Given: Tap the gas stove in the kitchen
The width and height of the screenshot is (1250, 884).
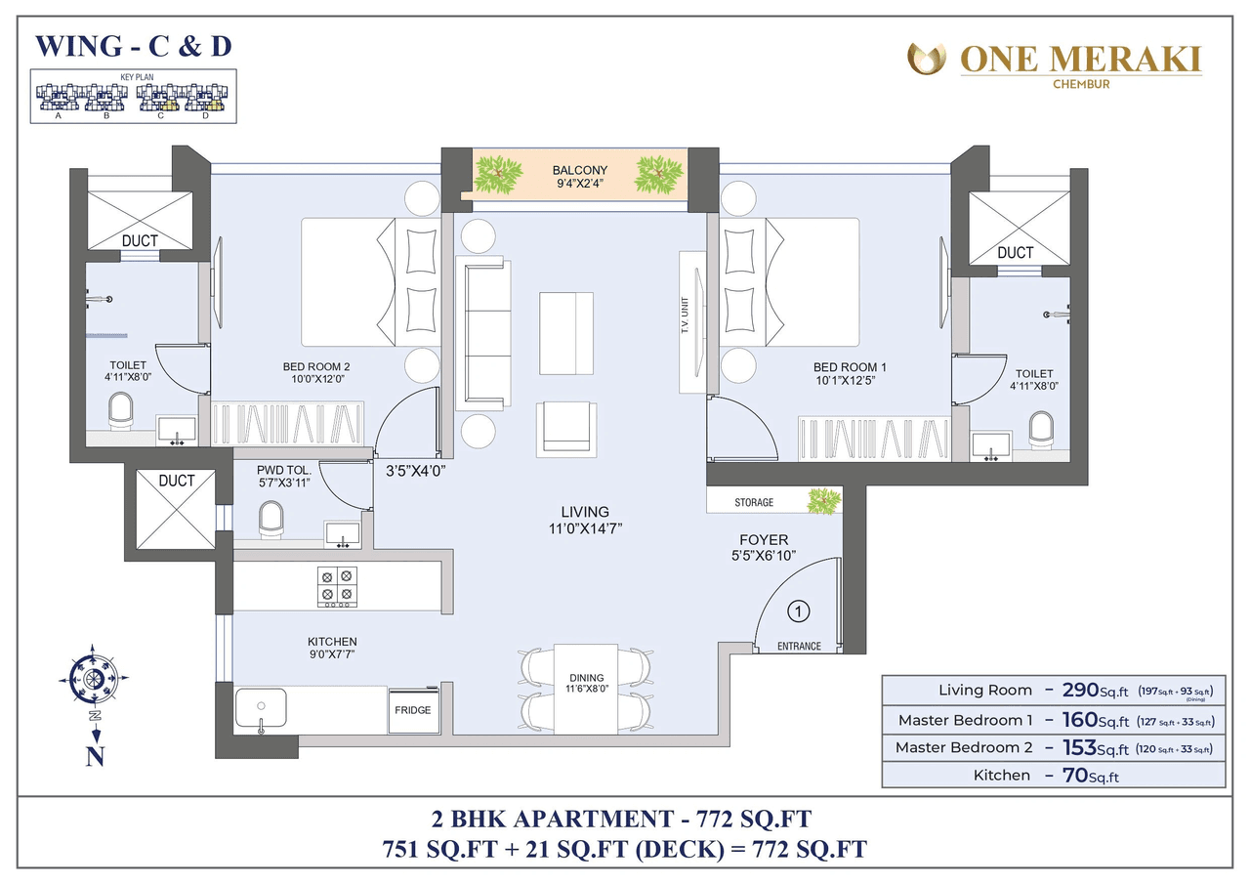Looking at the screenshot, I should point(337,585).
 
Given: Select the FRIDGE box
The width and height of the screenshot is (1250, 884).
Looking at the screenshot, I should point(412,710).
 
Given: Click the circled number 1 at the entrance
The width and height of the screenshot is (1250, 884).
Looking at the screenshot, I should point(799,612).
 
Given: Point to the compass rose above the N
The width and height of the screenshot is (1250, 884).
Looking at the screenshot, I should point(95,677).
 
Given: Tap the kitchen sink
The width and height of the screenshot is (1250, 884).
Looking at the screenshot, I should point(261,708).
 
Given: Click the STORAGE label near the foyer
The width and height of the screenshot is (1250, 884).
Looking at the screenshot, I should point(754,502).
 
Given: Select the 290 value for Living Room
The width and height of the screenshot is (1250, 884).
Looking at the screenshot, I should point(1081,690).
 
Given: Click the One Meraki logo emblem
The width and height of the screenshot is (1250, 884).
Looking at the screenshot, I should point(927,60).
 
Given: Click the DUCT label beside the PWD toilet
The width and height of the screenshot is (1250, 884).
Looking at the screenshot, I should point(177,481).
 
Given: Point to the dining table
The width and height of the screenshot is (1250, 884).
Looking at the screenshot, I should point(586,687).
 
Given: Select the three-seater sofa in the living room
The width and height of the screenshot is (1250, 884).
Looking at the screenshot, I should point(485,333).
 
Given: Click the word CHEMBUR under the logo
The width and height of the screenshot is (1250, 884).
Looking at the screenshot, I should point(1080,84).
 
